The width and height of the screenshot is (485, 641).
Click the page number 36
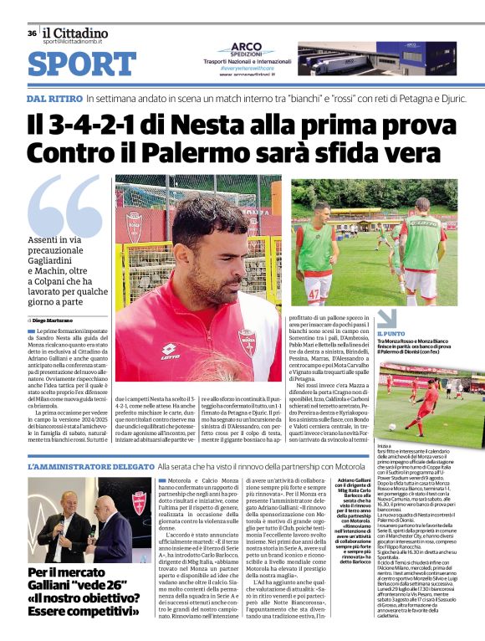coord(32,33)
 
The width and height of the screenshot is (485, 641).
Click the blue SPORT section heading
coord(81,64)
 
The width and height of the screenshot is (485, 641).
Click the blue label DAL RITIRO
coord(54,98)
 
